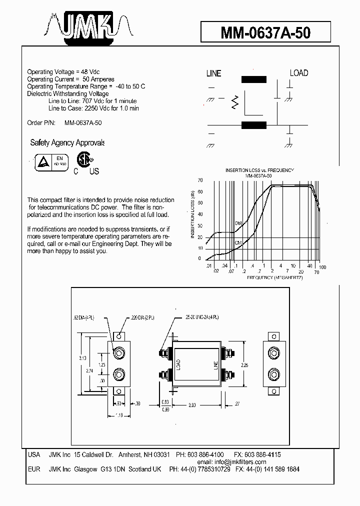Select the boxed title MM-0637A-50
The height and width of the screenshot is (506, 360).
coord(265,33)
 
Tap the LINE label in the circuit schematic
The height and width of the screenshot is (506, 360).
coord(213,73)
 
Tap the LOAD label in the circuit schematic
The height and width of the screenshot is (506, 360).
coord(299,73)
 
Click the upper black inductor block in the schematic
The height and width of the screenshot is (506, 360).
coord(254,79)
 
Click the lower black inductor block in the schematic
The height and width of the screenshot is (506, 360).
coord(254,125)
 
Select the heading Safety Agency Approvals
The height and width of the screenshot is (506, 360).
coord(67,143)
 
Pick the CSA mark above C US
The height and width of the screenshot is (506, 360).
coord(83,160)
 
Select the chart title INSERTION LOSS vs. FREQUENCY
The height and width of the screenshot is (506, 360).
coord(259,170)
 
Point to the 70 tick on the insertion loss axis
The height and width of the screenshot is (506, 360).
coord(200,180)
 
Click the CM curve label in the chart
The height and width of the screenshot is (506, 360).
coord(238,242)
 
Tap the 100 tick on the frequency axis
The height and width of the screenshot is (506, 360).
coord(322,267)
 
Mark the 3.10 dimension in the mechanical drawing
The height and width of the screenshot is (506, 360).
coord(83,358)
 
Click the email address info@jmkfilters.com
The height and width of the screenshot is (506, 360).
coord(239,462)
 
